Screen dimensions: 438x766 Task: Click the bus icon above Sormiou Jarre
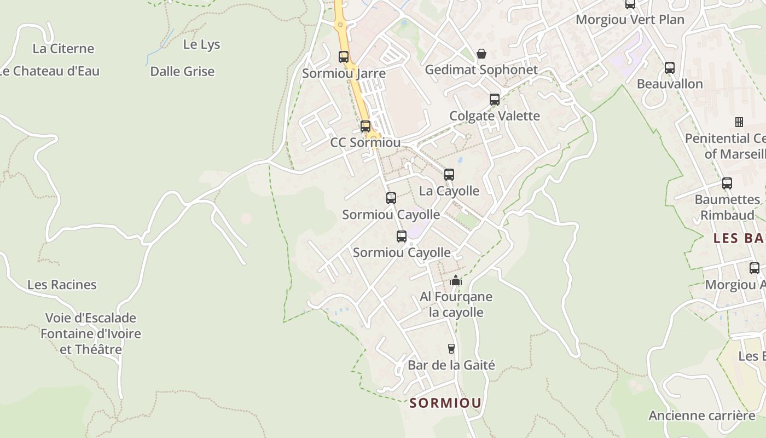click(344, 56)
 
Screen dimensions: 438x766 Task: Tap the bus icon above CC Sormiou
click(365, 126)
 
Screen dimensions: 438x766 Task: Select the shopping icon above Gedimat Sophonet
click(481, 53)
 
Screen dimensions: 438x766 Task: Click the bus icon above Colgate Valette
click(495, 100)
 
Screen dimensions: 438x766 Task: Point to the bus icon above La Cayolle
click(449, 175)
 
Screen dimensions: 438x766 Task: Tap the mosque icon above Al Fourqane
click(456, 281)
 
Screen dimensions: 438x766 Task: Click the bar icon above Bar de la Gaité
click(451, 349)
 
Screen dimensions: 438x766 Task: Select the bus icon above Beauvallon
click(670, 68)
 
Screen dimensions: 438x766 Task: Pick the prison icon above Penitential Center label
click(739, 122)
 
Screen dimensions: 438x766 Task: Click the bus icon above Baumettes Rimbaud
click(727, 183)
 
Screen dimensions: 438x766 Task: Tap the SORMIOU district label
click(446, 404)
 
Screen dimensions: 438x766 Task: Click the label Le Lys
click(201, 45)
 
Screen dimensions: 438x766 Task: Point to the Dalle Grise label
click(182, 72)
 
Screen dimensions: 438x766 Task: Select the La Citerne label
click(63, 49)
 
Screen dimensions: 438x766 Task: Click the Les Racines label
click(62, 285)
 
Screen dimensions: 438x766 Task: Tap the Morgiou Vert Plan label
click(630, 20)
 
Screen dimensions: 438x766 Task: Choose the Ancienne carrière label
click(701, 416)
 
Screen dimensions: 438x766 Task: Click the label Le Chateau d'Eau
click(49, 71)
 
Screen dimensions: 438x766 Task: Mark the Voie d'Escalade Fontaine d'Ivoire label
click(91, 333)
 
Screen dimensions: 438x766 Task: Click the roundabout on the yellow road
click(340, 25)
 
